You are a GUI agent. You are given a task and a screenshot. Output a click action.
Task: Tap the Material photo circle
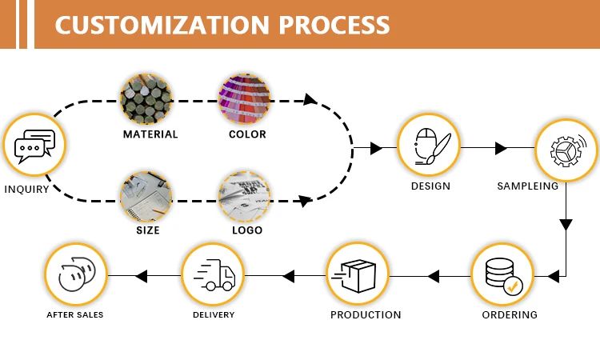tap(146, 99)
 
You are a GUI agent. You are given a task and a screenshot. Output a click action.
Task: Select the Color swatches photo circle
tap(245, 99)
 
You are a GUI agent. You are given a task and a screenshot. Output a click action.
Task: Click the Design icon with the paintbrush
tap(430, 146)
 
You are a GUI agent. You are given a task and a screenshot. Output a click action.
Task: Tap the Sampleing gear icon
tap(566, 150)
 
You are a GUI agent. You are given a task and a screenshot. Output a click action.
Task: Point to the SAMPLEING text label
tap(528, 186)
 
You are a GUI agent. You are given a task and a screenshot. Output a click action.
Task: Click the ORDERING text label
tap(510, 314)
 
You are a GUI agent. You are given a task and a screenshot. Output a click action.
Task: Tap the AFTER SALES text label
tap(74, 315)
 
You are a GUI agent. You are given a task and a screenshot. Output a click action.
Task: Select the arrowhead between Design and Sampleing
tap(502, 148)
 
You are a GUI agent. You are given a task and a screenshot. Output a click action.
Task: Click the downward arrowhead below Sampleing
tap(566, 225)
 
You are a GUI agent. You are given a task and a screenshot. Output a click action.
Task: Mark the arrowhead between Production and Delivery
tap(289, 276)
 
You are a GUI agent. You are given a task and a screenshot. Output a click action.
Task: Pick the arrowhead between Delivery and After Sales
tap(142, 276)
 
